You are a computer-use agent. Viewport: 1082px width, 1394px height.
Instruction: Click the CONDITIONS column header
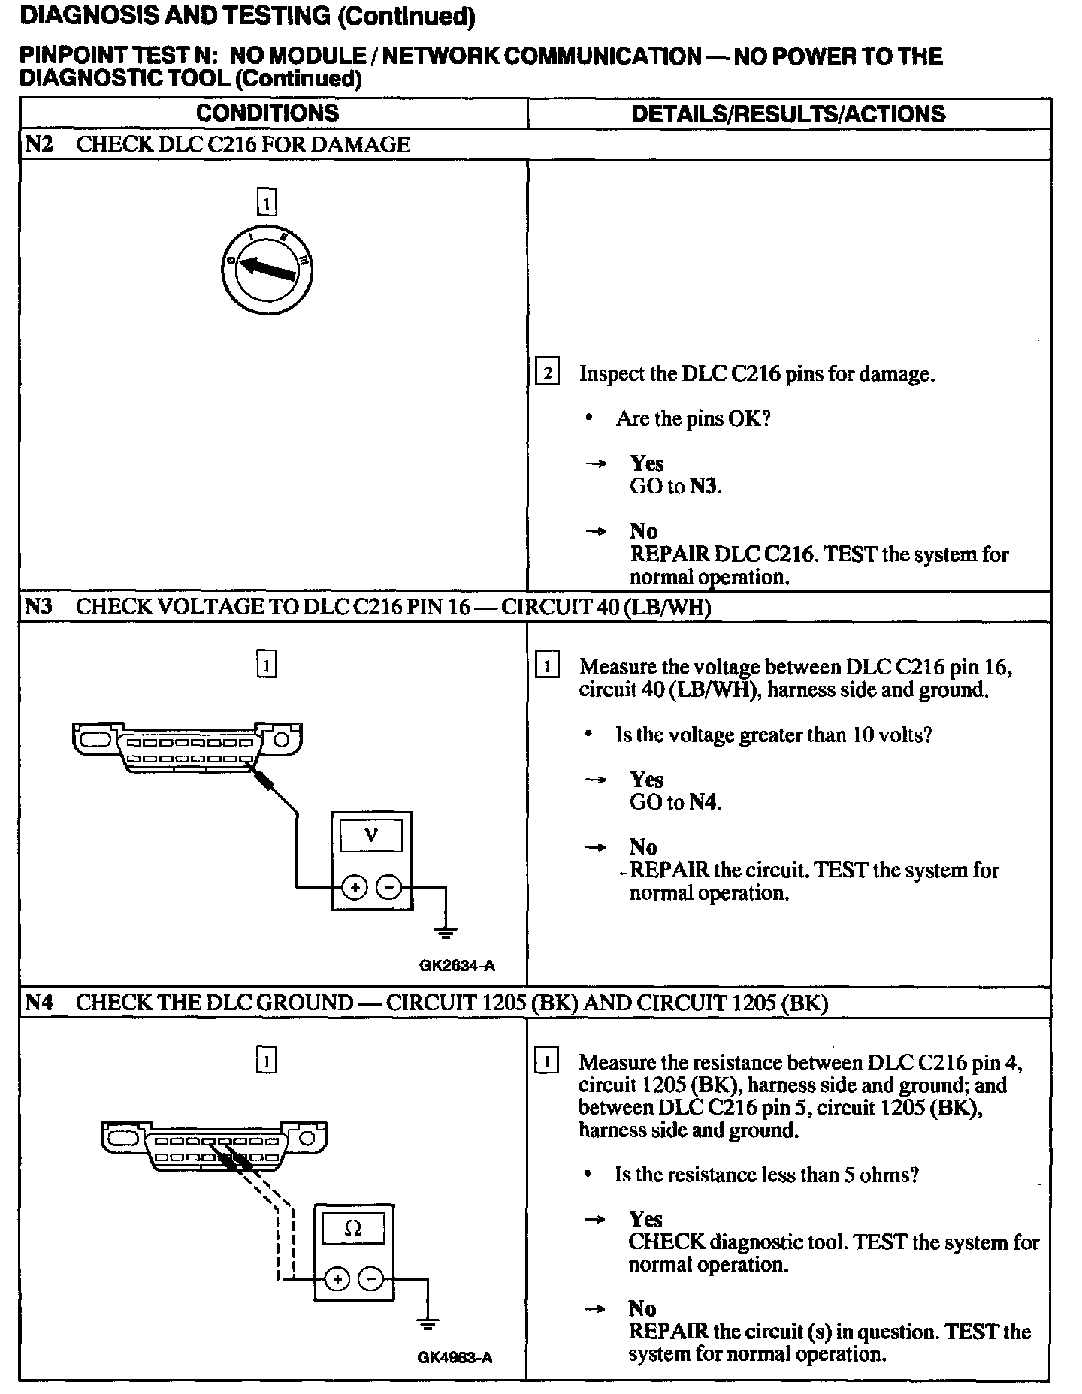coord(267,113)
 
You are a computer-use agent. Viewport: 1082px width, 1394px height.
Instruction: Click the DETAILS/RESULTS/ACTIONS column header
coord(787,114)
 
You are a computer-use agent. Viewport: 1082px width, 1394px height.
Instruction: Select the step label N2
coord(38,144)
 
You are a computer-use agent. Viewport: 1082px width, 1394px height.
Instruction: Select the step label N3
coord(38,606)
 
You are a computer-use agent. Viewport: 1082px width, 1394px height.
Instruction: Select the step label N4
coord(38,1003)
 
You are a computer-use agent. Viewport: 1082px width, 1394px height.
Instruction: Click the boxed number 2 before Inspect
coord(547,373)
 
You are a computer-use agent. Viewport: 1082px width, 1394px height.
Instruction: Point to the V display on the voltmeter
coord(371,834)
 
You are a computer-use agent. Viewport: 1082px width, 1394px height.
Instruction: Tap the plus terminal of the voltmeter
coord(354,888)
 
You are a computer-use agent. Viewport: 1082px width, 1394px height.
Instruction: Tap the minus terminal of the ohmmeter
coord(370,1278)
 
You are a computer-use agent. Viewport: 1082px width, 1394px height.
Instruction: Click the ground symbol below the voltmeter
coord(446,934)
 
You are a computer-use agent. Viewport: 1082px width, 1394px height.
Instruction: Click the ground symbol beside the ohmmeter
coord(428,1325)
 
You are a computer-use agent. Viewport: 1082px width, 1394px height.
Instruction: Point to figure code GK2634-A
coord(457,966)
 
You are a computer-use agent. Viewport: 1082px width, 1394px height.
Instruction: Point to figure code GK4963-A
coord(455,1358)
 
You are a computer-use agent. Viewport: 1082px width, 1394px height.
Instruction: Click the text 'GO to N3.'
coord(675,487)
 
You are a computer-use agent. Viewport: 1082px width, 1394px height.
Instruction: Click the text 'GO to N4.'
coord(675,802)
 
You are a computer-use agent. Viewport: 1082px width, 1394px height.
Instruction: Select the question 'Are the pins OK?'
coord(693,418)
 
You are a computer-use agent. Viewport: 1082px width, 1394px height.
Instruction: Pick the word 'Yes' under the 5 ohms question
coord(645,1219)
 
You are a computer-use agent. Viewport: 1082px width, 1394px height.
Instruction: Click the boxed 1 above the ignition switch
coord(267,202)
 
